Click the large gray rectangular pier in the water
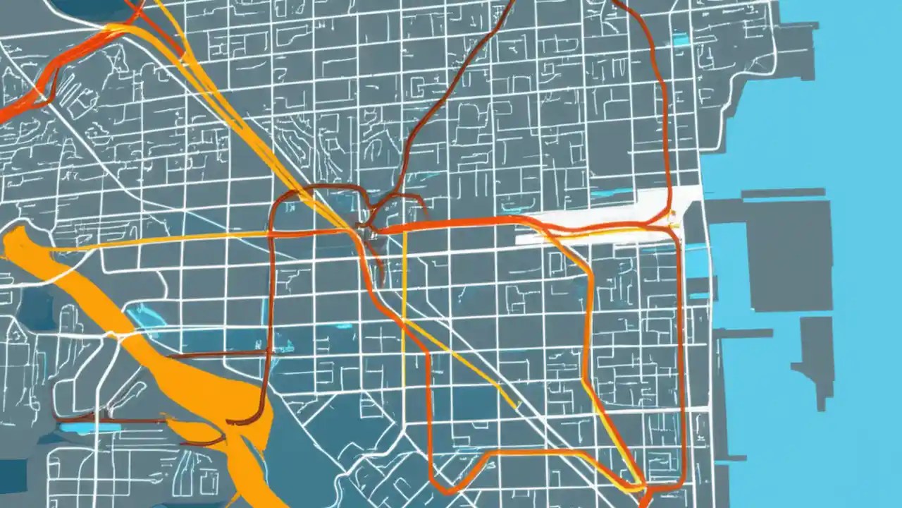tap(789, 254)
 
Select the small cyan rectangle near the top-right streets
tap(680, 40)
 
